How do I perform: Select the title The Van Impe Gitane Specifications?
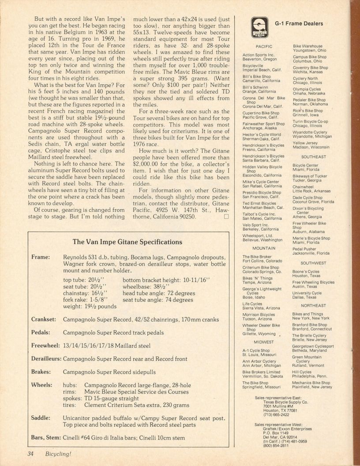click(127, 242)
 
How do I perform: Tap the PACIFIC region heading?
click(264, 46)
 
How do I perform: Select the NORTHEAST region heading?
click(313, 305)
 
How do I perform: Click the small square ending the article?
click(227, 217)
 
